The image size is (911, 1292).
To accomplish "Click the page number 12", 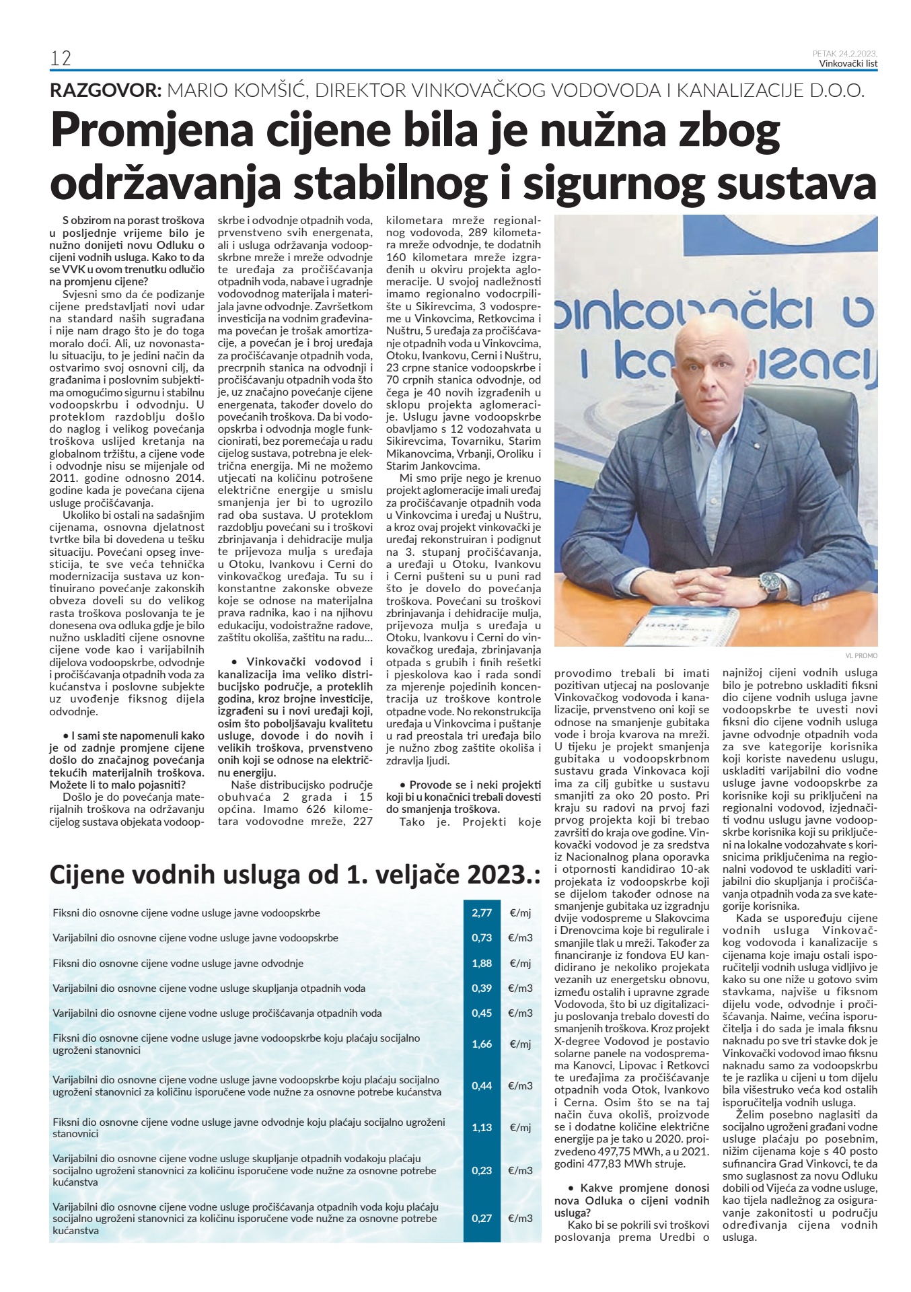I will point(61,59).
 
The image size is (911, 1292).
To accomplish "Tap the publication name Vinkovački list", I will point(848,64).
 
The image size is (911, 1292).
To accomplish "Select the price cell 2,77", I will point(482,913).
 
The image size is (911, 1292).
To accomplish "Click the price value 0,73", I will point(482,938).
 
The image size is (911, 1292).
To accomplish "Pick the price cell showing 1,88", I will point(482,964).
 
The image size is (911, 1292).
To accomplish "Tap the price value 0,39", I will point(482,989).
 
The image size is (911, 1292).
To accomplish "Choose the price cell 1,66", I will point(482,1044).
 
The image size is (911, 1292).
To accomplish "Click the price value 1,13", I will point(482,1128).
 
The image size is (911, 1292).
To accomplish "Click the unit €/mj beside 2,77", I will point(521,913).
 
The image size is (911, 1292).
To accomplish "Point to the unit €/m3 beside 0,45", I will point(521,1013).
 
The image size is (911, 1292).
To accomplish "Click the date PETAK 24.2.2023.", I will point(845,53).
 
